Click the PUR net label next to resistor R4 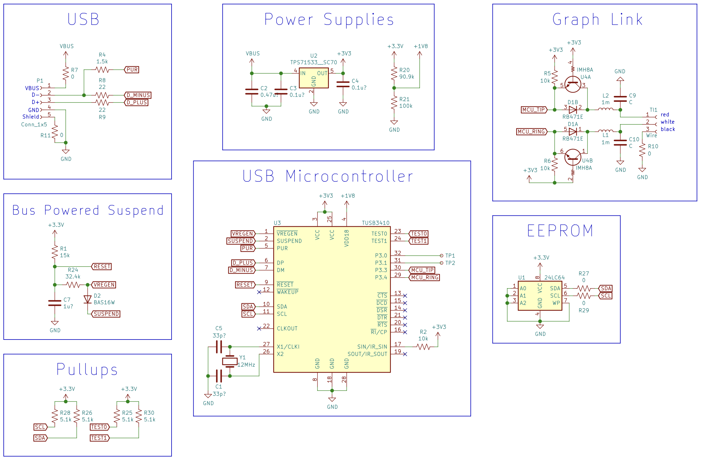click(132, 70)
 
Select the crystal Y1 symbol click(230, 361)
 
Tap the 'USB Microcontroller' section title click(328, 176)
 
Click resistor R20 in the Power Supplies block click(394, 73)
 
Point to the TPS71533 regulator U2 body click(314, 78)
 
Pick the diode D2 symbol click(88, 299)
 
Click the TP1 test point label click(450, 256)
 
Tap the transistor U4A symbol click(573, 84)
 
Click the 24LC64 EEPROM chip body click(540, 296)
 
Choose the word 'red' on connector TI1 click(665, 115)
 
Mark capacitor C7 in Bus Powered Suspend click(55, 303)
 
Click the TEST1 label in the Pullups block click(99, 438)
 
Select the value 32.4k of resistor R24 click(73, 276)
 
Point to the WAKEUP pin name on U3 click(287, 292)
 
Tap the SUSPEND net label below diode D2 click(106, 314)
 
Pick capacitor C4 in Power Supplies click(343, 84)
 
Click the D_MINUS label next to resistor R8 click(138, 95)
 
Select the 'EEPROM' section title click(560, 231)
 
